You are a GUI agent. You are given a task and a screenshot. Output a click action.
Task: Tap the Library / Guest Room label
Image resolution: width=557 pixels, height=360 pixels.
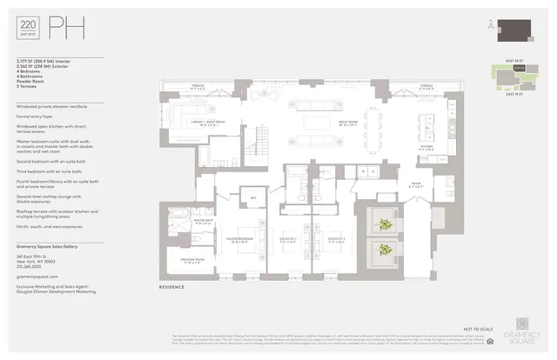click(x=208, y=123)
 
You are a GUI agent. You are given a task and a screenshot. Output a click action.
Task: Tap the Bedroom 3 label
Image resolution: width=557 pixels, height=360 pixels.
click(x=339, y=237)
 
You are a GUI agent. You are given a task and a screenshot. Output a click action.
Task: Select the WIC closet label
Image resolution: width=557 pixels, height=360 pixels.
click(x=253, y=197)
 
